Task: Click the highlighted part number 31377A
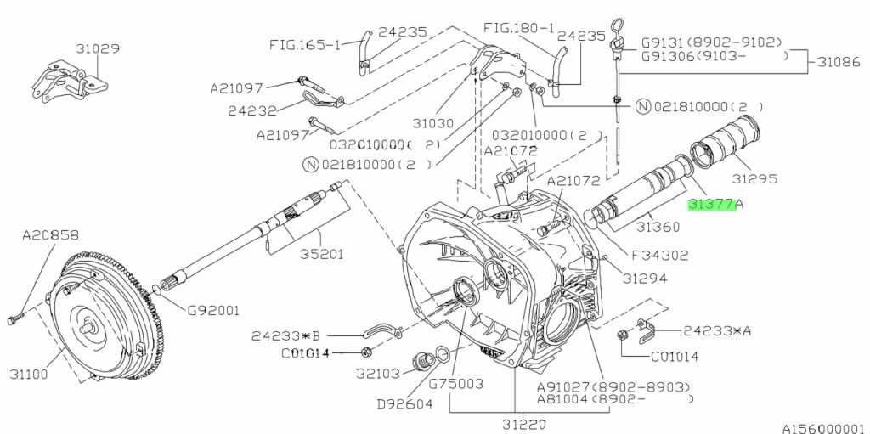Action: (715, 205)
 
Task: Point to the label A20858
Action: (50, 234)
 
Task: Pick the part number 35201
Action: (320, 252)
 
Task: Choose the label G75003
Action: (455, 384)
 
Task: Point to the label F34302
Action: (659, 254)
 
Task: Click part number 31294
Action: (644, 278)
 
